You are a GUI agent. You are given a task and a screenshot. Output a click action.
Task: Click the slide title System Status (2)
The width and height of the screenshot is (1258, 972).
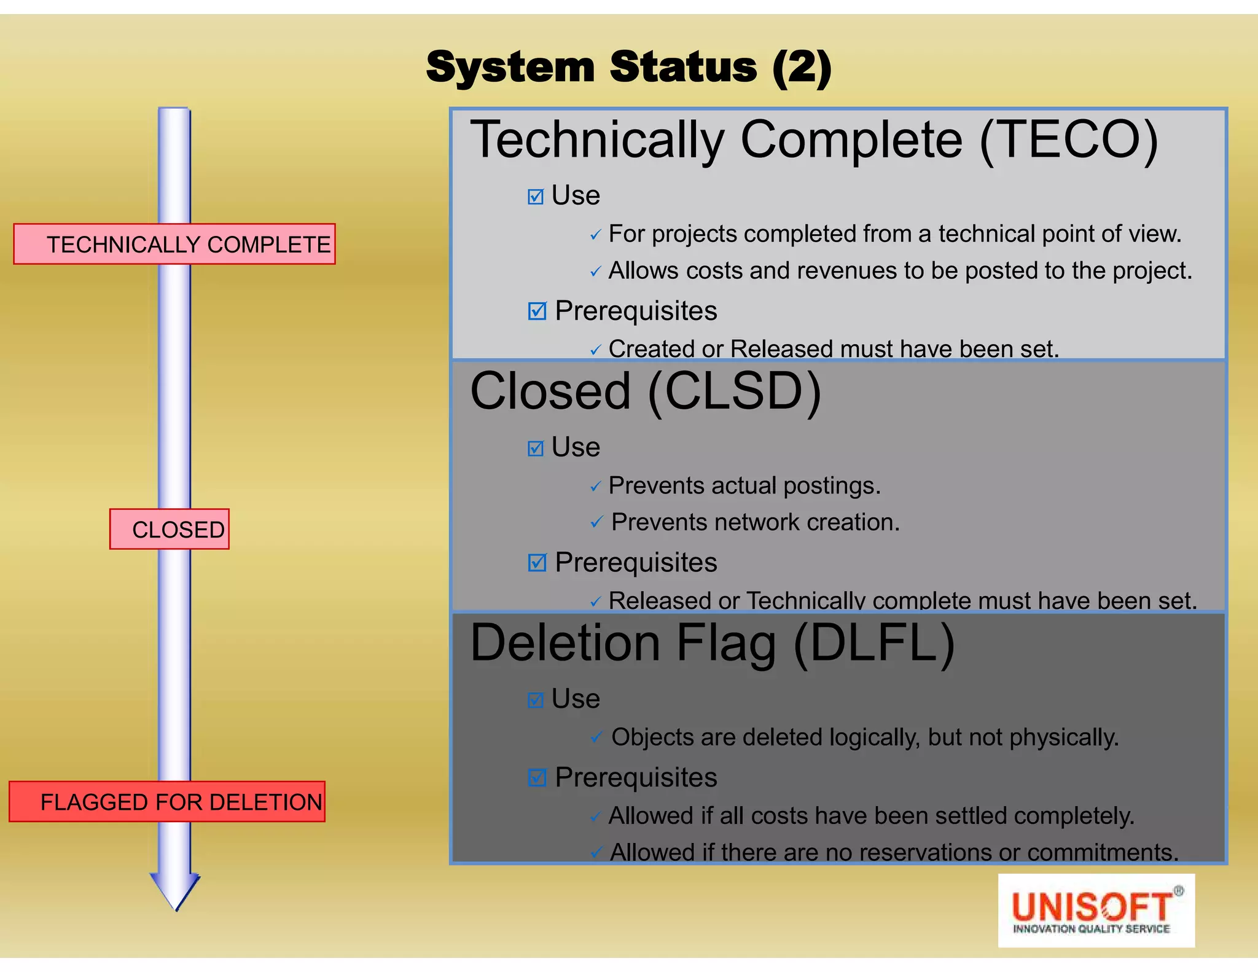point(628,68)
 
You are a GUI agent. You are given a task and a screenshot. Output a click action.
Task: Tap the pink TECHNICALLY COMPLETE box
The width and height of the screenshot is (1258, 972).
point(174,244)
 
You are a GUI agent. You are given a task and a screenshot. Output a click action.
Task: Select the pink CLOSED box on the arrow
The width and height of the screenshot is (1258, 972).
point(170,529)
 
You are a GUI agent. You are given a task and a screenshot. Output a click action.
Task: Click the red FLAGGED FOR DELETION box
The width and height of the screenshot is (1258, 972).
point(167,802)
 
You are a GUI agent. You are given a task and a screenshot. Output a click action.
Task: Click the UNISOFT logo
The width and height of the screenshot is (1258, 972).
point(1096,911)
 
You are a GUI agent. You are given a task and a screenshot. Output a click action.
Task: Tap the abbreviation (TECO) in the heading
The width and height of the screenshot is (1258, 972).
point(1069,140)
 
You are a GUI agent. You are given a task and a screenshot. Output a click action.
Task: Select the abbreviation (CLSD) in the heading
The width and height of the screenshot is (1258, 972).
point(734,391)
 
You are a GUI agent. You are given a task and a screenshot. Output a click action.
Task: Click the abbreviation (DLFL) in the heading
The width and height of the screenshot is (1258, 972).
point(873,643)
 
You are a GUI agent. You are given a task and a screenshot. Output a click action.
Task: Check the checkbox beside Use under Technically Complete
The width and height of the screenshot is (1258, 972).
point(536,197)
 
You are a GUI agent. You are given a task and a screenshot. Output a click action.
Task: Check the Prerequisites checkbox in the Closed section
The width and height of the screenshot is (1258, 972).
point(537,562)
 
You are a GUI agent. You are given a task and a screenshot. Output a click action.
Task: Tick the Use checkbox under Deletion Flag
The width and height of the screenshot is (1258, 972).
point(536,700)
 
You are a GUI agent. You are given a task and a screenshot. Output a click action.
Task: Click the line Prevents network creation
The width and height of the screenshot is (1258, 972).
point(755,522)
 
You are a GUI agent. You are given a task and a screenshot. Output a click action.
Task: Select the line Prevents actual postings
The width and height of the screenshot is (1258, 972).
point(744,486)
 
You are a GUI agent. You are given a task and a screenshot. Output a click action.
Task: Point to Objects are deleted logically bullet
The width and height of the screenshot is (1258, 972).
point(864,737)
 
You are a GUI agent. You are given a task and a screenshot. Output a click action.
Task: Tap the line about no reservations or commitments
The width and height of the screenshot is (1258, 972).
point(894,852)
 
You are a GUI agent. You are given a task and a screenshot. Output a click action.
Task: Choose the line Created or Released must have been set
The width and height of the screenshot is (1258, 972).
point(833,349)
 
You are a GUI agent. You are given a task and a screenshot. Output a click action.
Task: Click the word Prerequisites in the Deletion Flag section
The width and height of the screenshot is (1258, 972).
point(635,778)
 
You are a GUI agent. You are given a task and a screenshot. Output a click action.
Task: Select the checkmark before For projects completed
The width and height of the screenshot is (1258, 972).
point(595,235)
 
